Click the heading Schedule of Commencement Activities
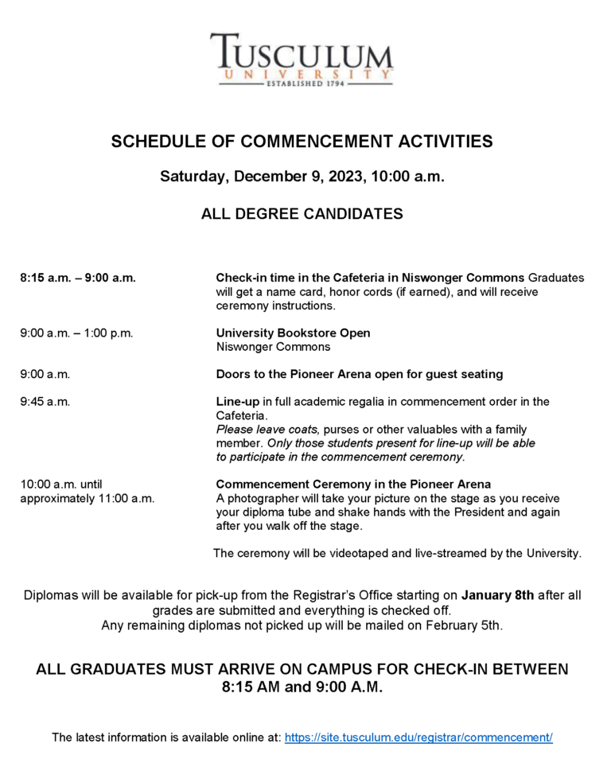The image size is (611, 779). click(x=302, y=142)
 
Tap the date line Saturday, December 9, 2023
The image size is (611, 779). click(x=302, y=176)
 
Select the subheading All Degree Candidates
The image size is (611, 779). click(x=302, y=213)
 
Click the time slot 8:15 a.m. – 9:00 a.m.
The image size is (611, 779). click(x=78, y=278)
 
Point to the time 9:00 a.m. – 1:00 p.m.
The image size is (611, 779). click(x=76, y=333)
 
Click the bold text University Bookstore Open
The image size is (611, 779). click(x=293, y=333)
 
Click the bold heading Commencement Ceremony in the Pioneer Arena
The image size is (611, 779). click(x=353, y=484)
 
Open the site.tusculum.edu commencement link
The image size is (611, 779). click(x=418, y=738)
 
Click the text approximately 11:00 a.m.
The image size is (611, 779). click(x=88, y=498)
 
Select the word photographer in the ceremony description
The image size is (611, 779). click(x=259, y=498)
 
